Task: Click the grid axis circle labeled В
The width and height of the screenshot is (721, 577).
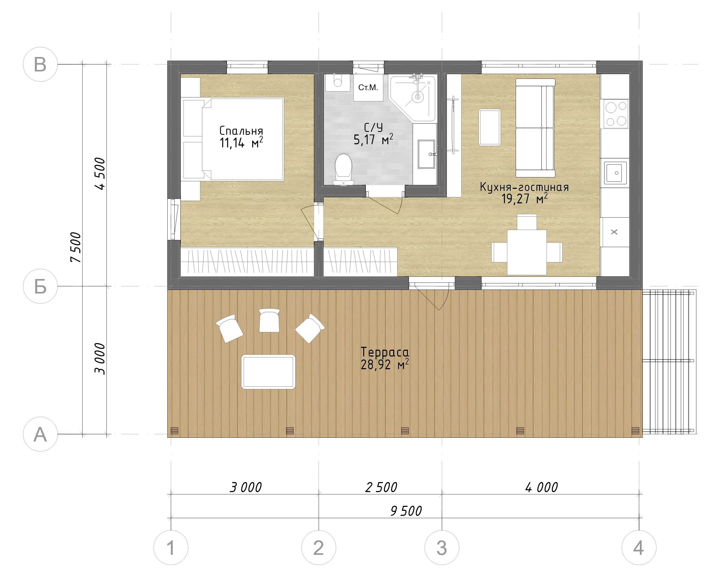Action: [40, 64]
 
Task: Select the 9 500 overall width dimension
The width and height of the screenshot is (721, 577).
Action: [406, 511]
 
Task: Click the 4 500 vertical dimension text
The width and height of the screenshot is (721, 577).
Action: [100, 174]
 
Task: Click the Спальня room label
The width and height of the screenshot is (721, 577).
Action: [241, 131]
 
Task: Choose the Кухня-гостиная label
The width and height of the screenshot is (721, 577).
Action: [524, 187]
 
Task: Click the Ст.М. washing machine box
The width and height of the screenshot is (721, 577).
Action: [368, 87]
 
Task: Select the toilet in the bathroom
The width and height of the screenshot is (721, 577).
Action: [343, 169]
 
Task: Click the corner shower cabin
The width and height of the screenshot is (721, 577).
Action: [413, 98]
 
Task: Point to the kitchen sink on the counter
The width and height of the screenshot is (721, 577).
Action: [615, 173]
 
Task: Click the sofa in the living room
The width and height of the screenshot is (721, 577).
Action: [535, 128]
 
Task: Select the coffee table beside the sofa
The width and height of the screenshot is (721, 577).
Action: [490, 128]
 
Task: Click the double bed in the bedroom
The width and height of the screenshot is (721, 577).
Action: [243, 139]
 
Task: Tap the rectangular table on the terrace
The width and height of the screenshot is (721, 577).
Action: [268, 372]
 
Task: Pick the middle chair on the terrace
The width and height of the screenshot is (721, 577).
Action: [269, 320]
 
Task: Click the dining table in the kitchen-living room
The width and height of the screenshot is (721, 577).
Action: [527, 252]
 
